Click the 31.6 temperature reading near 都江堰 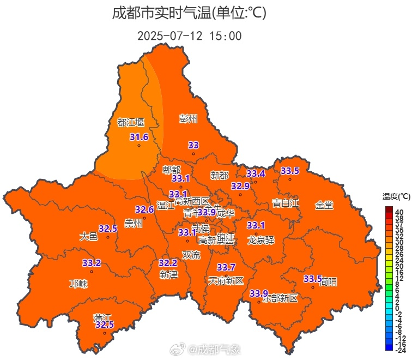coord(139,137)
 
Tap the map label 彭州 coord(189,118)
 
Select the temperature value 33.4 coord(256,173)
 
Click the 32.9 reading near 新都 coord(240,186)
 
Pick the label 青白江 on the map coord(286,203)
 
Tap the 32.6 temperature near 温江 coord(144,209)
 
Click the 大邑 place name coord(88,236)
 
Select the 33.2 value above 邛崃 coord(92,263)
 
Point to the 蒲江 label coord(102,317)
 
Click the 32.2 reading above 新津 coord(168,263)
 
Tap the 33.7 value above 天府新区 coord(226,267)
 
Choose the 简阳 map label coord(328,281)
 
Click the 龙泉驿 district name coord(260,240)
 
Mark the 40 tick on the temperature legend coord(399,212)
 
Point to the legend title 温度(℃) coord(396,196)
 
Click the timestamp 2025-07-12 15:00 coord(189,36)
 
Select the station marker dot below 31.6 coord(139,146)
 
